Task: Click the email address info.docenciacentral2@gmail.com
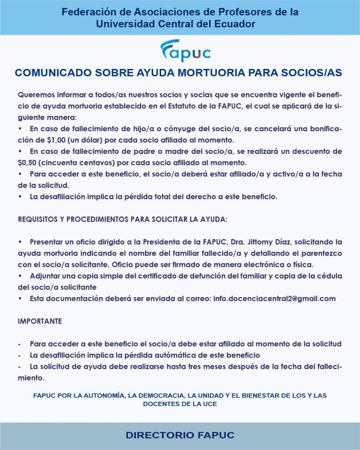274,299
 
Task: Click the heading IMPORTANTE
40,322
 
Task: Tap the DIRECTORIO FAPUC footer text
180,435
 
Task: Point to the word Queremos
37,95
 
